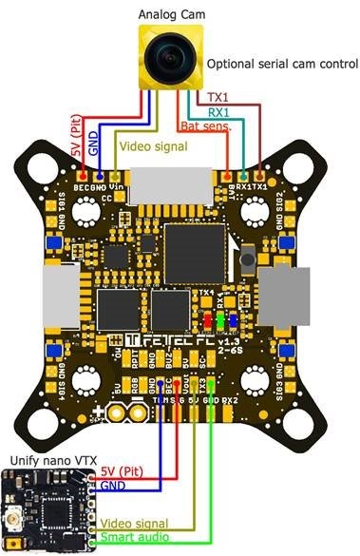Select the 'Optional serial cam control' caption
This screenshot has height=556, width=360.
(282, 65)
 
